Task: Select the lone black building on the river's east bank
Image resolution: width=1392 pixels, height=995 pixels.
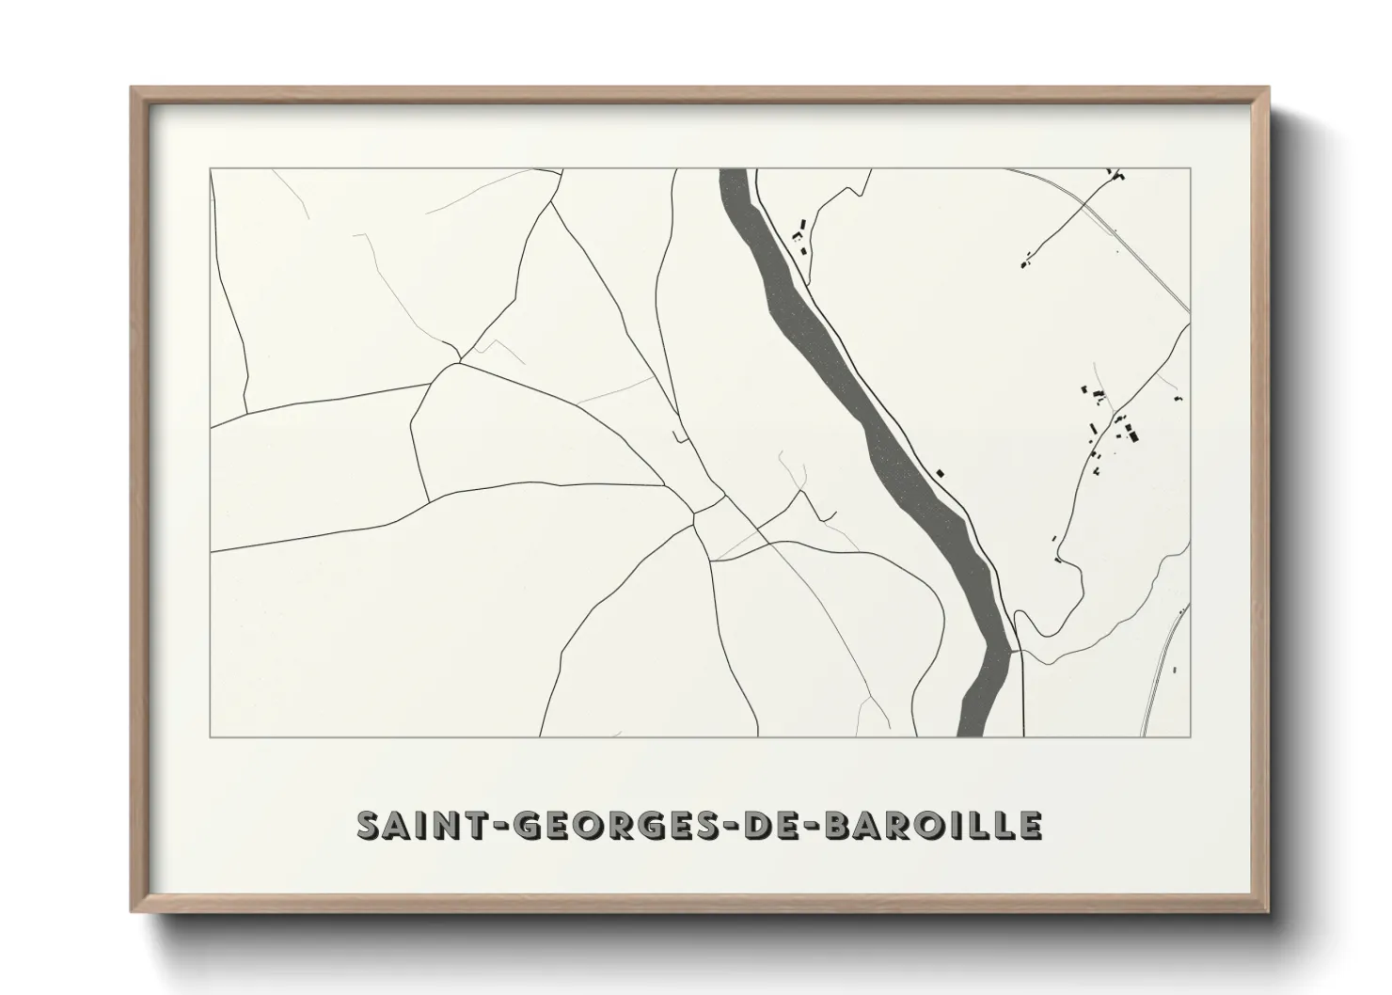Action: click(939, 472)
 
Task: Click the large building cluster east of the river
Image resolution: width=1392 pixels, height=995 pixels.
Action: click(1115, 428)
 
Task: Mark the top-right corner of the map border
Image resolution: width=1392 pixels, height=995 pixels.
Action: click(1190, 168)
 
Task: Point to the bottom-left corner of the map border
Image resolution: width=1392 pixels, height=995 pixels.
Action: click(211, 736)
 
